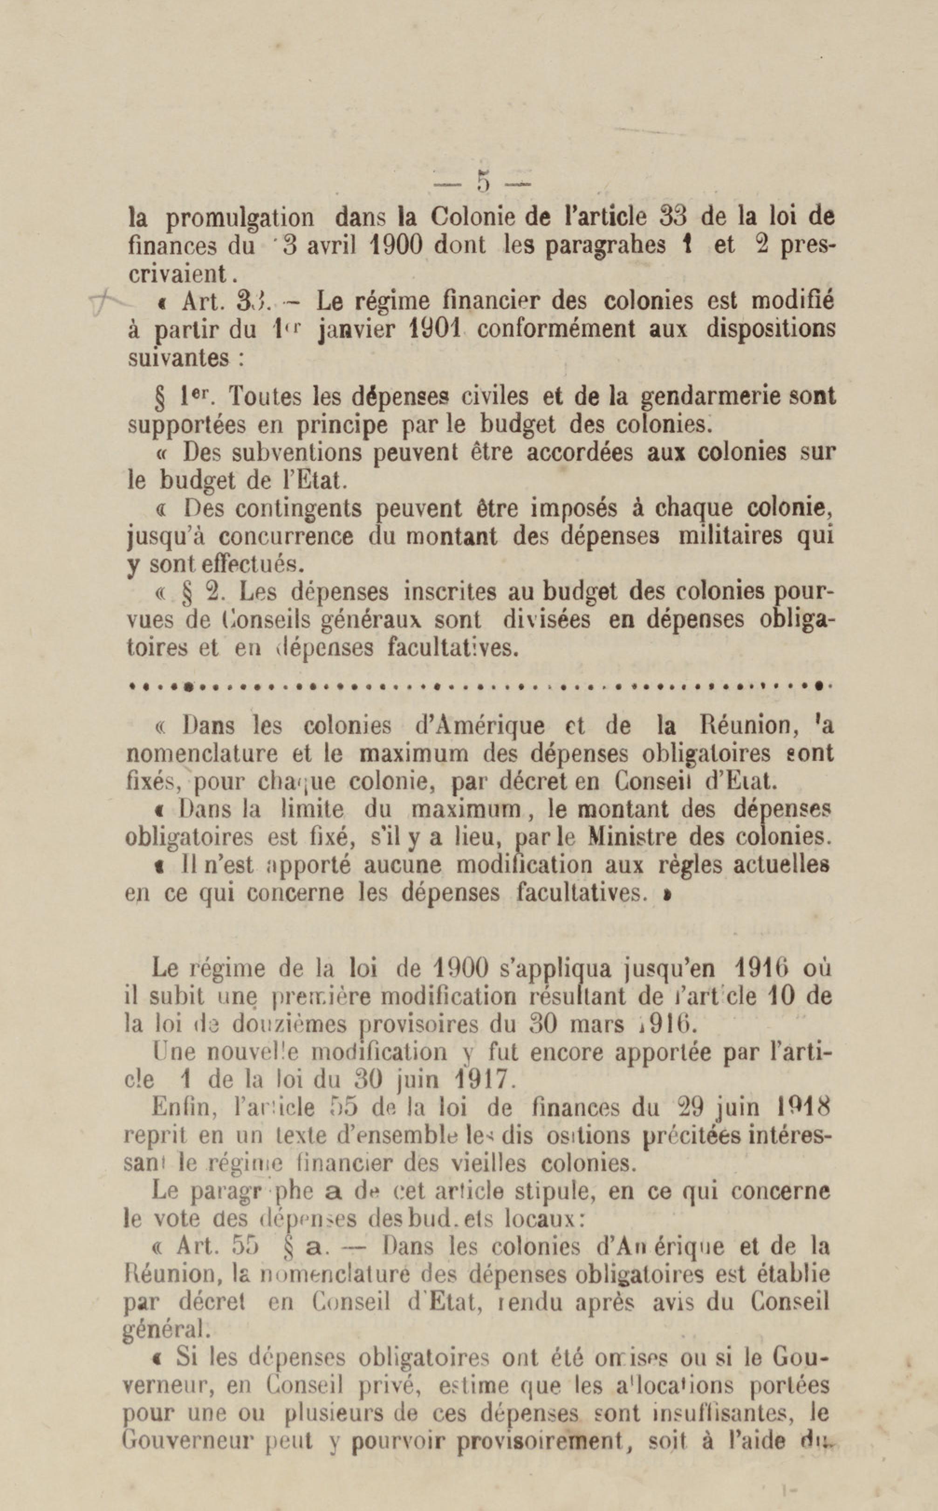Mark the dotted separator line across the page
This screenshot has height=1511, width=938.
478,687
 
